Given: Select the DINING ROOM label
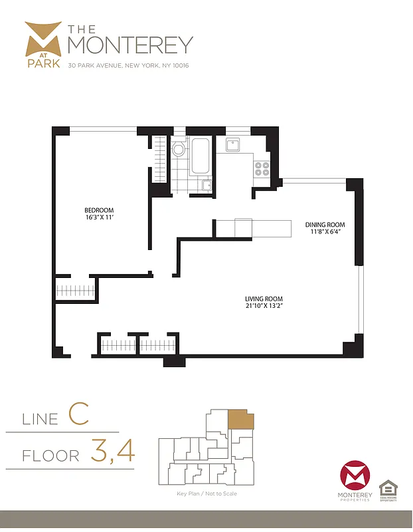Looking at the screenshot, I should (x=324, y=225).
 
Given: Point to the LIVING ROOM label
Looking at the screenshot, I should (x=264, y=299).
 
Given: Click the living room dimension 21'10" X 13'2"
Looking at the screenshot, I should (x=264, y=307).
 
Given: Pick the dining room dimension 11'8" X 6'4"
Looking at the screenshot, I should (x=324, y=233).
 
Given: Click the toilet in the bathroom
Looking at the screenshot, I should (x=178, y=150).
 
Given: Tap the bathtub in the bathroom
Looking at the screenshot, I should (x=200, y=156).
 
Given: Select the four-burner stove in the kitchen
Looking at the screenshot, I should (x=262, y=168).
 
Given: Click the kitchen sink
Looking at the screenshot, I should (x=233, y=144).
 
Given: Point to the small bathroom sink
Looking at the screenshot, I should (x=206, y=186).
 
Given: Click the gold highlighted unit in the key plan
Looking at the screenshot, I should (x=240, y=420).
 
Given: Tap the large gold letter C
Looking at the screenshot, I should (x=78, y=414).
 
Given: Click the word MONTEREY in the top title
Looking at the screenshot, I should (x=130, y=45).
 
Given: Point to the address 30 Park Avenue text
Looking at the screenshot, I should (x=129, y=65).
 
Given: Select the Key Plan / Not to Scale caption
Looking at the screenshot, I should (x=206, y=493).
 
